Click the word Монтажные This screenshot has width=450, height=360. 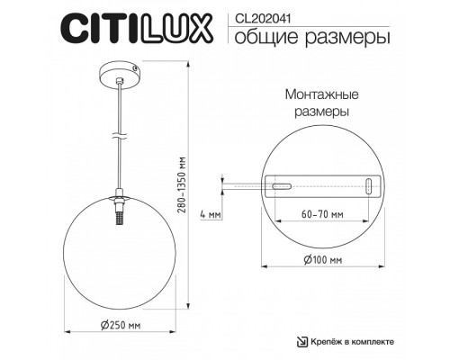tap(316, 94)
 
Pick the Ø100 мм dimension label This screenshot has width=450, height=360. tap(323, 259)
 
